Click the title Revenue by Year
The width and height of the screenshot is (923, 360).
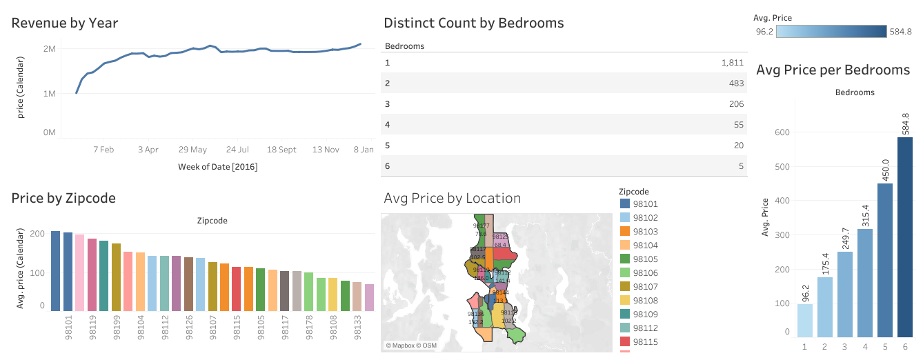click(65, 23)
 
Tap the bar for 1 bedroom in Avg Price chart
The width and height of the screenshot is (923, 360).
click(804, 320)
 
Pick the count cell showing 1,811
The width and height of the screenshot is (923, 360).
click(733, 63)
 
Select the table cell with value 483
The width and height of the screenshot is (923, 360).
click(736, 83)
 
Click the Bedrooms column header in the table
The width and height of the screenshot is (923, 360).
click(404, 46)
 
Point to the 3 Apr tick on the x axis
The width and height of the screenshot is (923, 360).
click(148, 149)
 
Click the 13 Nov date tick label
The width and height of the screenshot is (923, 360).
click(326, 149)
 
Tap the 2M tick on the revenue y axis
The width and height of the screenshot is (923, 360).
click(49, 49)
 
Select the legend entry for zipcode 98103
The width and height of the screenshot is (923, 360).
click(646, 232)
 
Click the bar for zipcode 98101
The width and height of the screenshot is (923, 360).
click(55, 270)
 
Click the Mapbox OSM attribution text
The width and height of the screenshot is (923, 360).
click(410, 346)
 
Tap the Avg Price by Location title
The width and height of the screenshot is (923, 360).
click(452, 199)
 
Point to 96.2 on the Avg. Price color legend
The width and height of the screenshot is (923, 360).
click(764, 32)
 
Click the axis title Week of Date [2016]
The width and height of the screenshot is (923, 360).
click(217, 167)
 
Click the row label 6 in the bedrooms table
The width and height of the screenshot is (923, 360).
click(387, 166)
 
